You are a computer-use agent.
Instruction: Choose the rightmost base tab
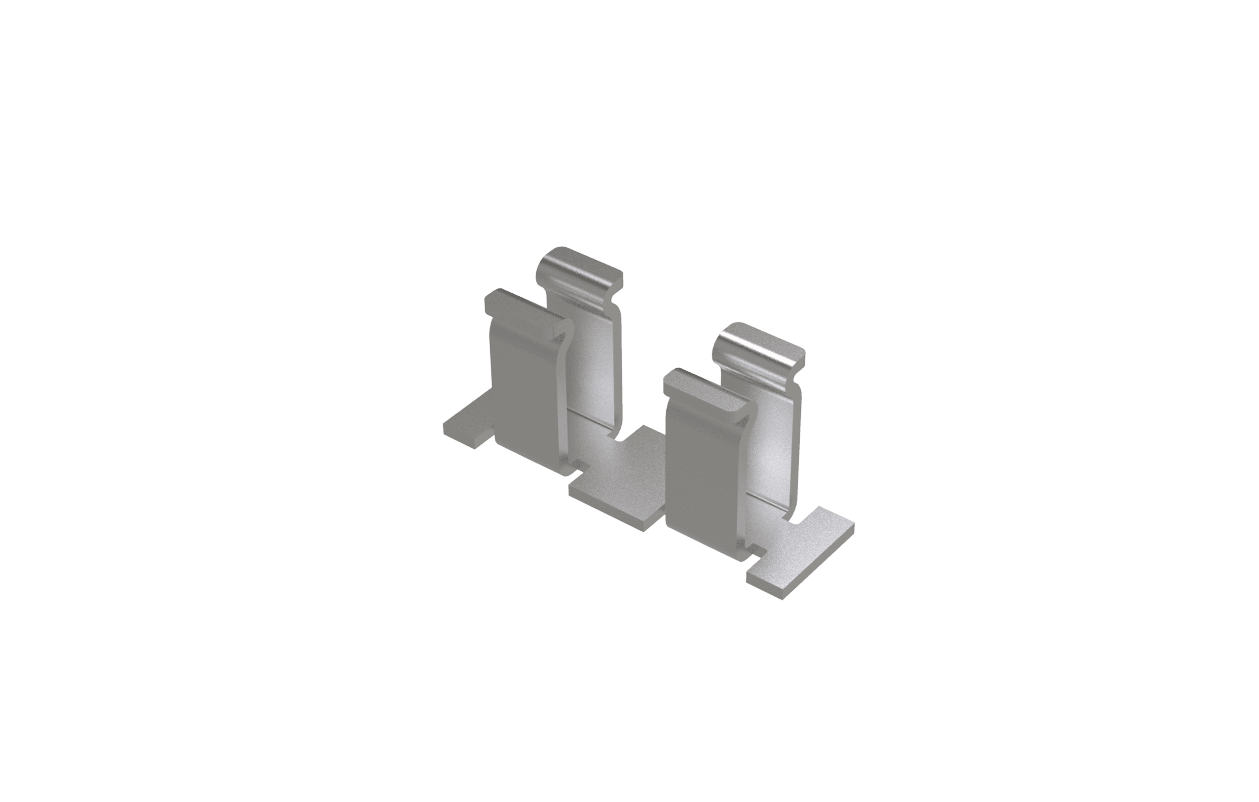coord(805,554)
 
